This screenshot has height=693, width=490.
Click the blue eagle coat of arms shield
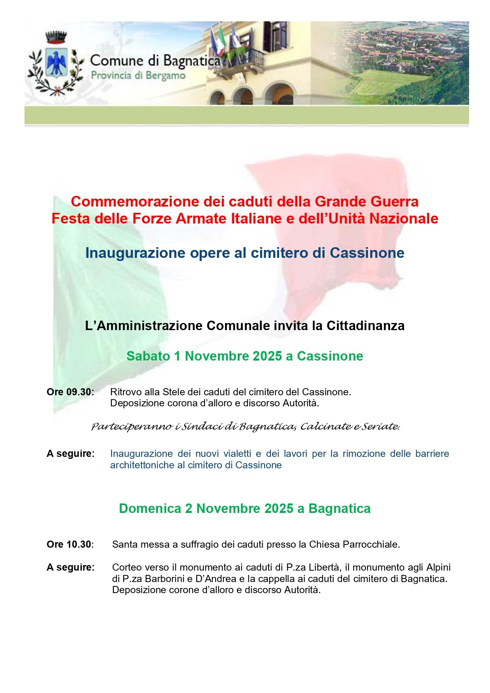[56, 62]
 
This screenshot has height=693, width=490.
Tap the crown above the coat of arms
[56, 38]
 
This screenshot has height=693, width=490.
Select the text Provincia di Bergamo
[138, 75]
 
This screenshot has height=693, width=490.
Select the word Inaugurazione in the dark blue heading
[135, 253]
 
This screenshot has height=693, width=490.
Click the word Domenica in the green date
[150, 509]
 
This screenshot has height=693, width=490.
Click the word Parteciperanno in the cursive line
[132, 427]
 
